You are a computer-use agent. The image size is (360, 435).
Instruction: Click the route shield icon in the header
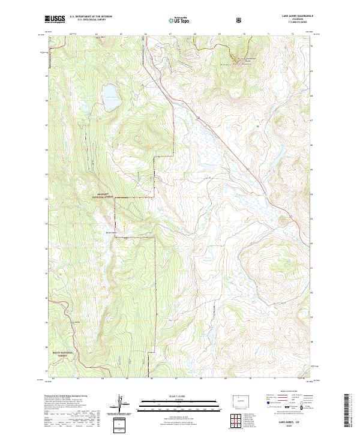pos(239,20)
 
